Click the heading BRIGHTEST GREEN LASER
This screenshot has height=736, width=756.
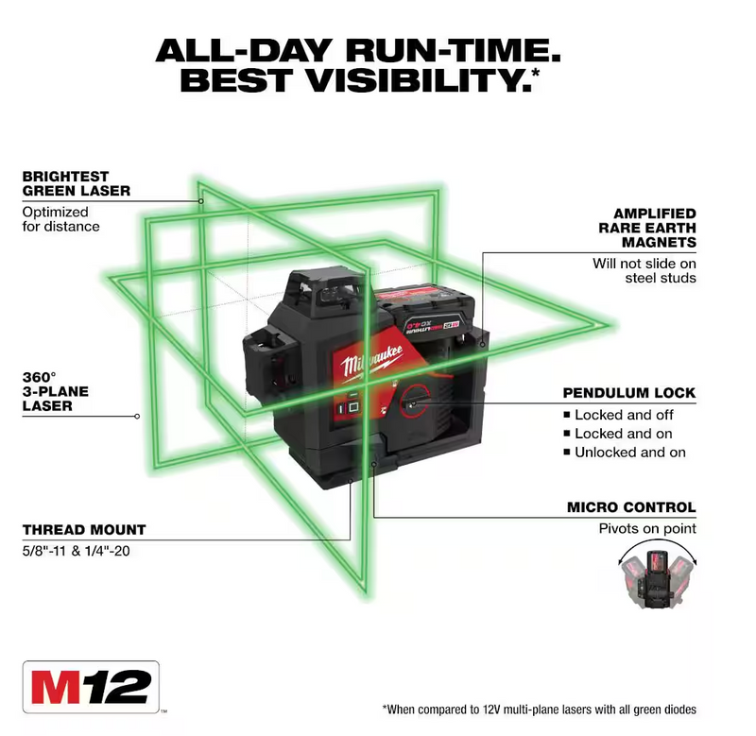[x=77, y=183]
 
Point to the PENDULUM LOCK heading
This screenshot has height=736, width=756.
[x=628, y=392]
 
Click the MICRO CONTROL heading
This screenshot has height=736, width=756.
[x=631, y=507]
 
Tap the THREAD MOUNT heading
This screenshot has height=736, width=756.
[x=84, y=529]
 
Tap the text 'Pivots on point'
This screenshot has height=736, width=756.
[x=645, y=529]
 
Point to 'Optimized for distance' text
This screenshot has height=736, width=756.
[x=60, y=219]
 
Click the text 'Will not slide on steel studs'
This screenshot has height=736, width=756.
[x=644, y=270]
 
